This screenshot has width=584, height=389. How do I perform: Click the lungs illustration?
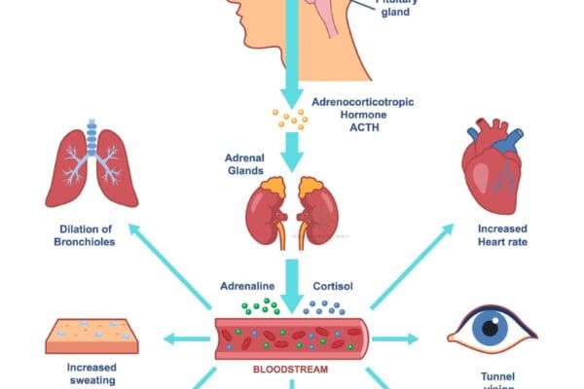pos(91,166)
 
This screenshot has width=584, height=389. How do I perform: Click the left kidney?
pos(265,214)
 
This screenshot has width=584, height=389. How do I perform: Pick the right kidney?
pos(318,214)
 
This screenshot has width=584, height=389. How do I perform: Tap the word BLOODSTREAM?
pos(291,371)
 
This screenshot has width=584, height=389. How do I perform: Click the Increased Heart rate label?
pos(503,236)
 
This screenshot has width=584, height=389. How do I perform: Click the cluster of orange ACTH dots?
pos(289,120)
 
